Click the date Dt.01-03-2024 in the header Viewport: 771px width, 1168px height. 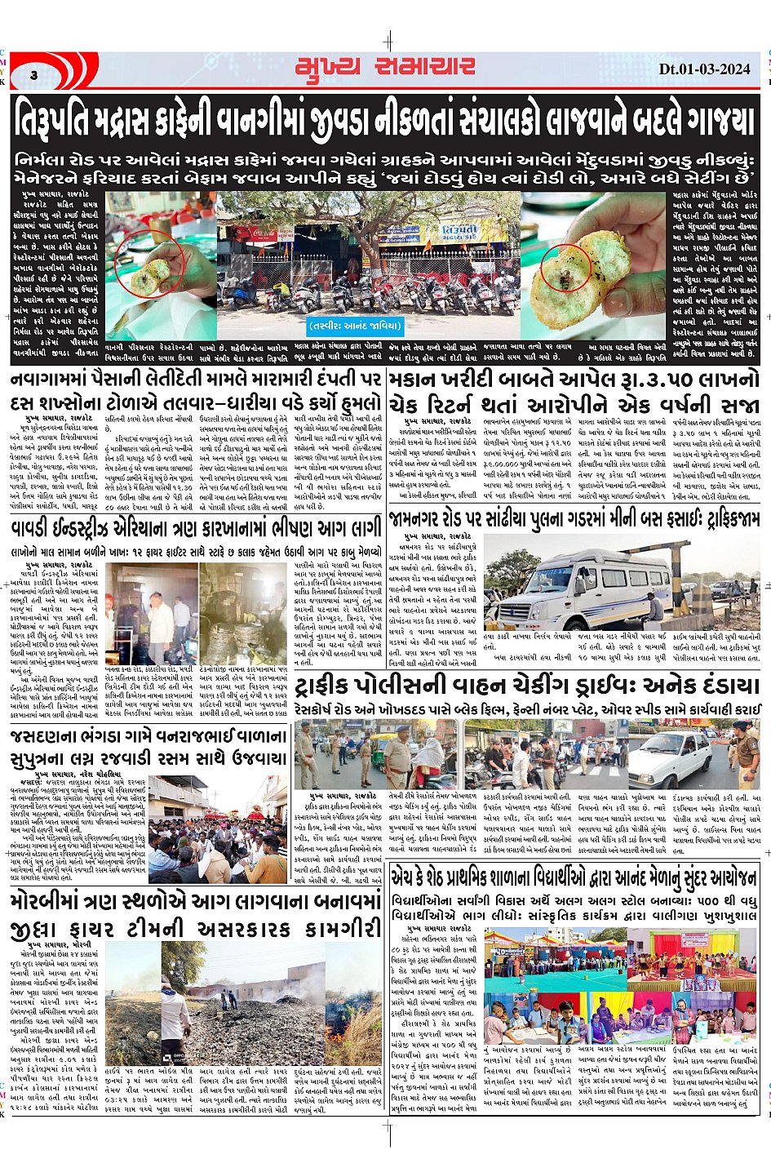pos(703,70)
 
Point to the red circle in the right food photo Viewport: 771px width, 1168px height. pos(577,267)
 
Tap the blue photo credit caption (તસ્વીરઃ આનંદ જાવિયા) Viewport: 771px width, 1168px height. pos(357,326)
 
